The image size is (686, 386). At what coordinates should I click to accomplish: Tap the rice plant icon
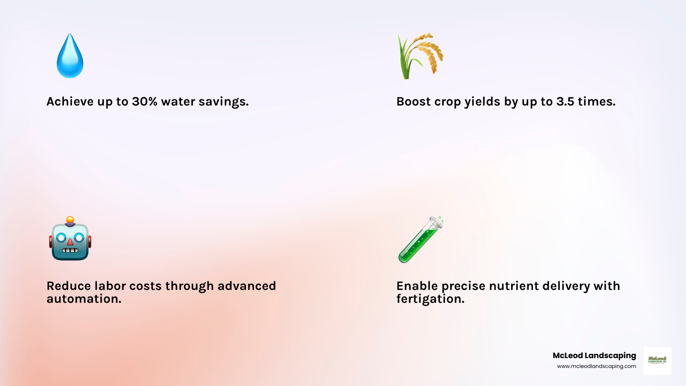point(420,56)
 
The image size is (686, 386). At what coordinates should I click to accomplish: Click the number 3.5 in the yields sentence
point(565,102)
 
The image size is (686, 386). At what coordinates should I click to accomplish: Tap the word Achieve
point(70,102)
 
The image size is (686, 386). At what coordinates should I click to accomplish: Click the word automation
point(84,299)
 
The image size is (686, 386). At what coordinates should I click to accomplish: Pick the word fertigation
point(430,299)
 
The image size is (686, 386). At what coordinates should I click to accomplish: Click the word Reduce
point(69,286)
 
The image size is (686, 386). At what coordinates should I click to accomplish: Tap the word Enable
point(417,286)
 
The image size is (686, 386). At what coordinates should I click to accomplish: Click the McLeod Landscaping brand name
point(594,356)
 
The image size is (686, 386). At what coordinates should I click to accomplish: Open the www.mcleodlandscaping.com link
point(596,366)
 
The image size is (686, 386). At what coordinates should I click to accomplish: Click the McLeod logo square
point(657,361)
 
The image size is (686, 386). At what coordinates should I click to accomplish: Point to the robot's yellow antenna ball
point(70,220)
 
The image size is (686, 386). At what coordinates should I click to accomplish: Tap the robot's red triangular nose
point(70,242)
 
